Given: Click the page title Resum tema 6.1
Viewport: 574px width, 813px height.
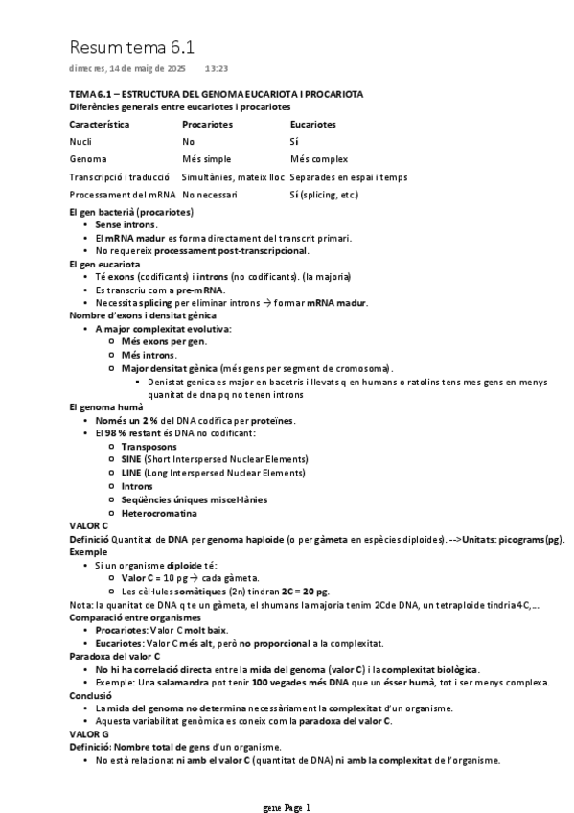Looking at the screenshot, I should [x=134, y=47].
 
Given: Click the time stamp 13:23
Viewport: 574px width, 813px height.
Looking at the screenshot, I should [x=216, y=69].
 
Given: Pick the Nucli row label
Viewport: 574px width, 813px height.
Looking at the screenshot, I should [x=80, y=141].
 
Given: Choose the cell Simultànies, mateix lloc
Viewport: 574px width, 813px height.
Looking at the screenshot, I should [x=233, y=176].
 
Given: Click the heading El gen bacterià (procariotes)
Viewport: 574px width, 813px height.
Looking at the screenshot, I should [x=131, y=211].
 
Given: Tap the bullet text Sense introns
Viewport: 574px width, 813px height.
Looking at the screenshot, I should [x=126, y=224].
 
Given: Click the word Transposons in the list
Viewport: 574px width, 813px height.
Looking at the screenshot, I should [x=149, y=447].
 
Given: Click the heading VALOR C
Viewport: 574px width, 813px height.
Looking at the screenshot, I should [x=89, y=526].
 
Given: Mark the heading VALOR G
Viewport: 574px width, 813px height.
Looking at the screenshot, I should [x=89, y=733].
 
